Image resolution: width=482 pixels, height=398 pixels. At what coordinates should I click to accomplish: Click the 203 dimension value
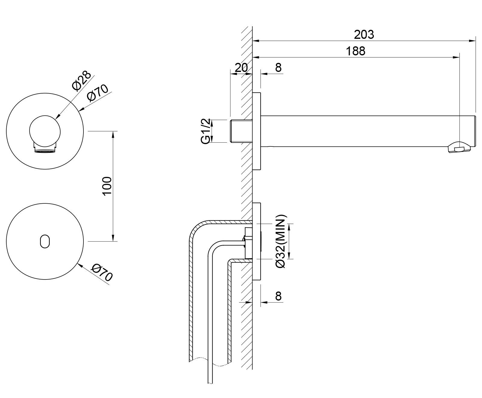364,35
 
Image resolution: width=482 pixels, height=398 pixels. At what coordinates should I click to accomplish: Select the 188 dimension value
355,51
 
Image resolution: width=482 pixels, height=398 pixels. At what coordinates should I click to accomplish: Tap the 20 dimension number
241,68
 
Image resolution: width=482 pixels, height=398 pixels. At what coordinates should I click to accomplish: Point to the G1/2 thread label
206,131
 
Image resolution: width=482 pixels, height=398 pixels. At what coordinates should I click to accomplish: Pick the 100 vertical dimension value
107,186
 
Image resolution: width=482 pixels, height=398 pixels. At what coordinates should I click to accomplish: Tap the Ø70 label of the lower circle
102,272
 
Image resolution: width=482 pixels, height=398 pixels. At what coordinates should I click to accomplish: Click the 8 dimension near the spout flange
278,68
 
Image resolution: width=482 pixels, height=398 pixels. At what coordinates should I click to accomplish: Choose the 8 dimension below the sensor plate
278,296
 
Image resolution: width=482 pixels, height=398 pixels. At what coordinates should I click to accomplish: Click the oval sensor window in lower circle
45,241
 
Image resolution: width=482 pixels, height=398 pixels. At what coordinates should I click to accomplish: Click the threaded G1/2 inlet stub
241,131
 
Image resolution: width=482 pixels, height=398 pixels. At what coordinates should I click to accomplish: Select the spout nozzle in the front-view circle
45,148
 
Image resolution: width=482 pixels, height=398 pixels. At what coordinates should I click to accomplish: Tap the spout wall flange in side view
257,131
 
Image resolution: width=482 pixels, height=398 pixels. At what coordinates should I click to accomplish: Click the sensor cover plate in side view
257,241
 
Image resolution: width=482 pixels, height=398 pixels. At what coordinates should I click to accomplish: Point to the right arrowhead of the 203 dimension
474,40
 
